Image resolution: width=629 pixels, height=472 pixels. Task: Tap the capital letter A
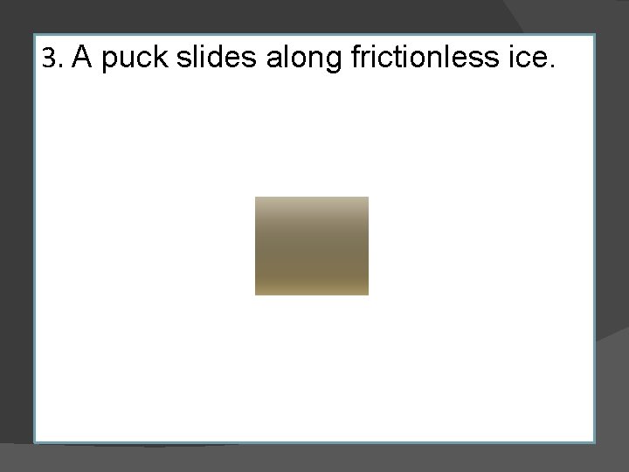tap(83, 58)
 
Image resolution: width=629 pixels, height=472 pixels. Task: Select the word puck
tap(135, 59)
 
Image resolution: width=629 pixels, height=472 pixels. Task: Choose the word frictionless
tap(425, 58)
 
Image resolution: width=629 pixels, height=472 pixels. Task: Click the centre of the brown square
tap(312, 246)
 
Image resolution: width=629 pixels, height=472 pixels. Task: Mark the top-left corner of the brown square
tap(255, 197)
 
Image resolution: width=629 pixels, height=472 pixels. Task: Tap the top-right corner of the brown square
tap(368, 197)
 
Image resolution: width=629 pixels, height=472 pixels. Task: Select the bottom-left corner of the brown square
tap(255, 295)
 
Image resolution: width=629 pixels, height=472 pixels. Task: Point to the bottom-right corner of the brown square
tap(368, 295)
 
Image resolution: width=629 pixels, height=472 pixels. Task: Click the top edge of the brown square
tap(312, 197)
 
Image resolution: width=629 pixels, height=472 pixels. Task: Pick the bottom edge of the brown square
tap(312, 295)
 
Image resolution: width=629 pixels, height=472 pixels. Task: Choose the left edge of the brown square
tap(255, 246)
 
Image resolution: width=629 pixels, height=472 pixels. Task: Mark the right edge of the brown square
tap(368, 246)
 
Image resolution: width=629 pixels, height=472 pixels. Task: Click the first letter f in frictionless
tap(354, 58)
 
